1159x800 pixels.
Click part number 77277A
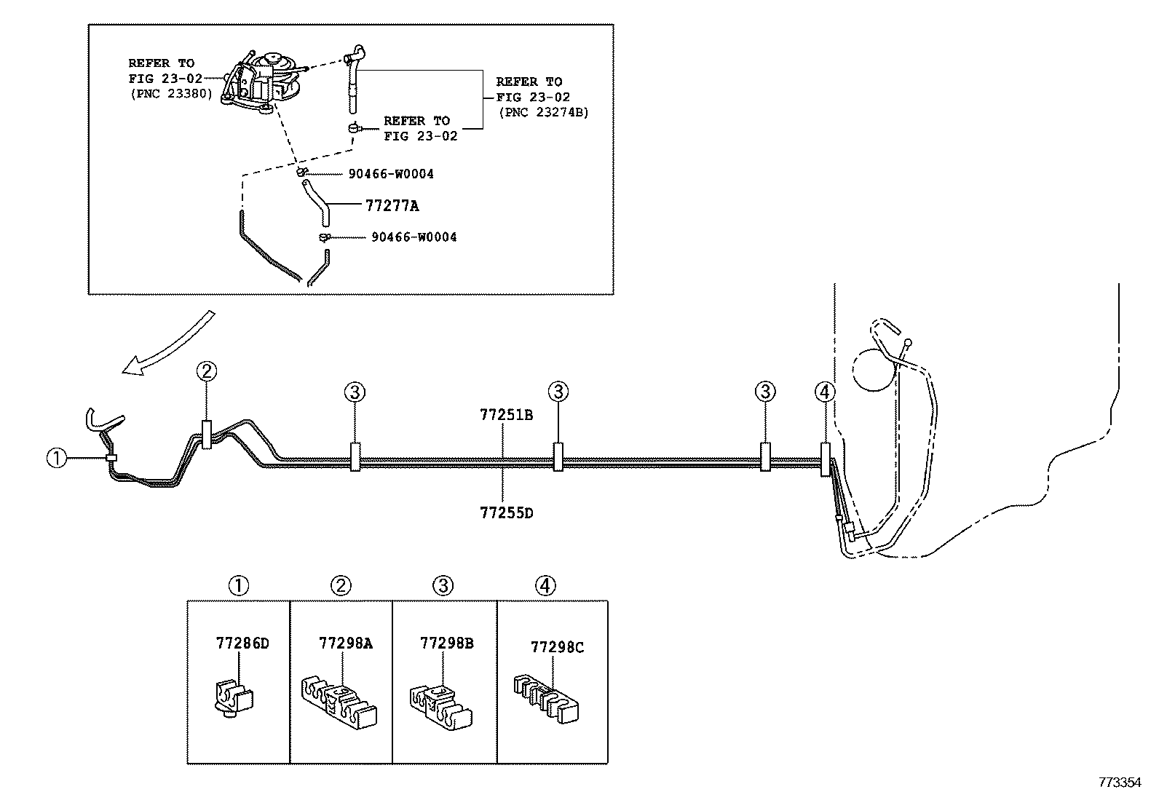point(392,206)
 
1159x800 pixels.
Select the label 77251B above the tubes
point(506,415)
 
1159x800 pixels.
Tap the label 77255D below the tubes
point(506,512)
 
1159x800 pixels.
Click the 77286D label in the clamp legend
point(242,643)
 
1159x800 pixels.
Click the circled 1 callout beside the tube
point(57,459)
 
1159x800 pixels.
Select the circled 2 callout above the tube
point(206,371)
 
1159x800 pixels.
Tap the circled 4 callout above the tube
point(824,392)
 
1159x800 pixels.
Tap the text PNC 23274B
point(543,112)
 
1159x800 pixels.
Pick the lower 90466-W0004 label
point(414,237)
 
